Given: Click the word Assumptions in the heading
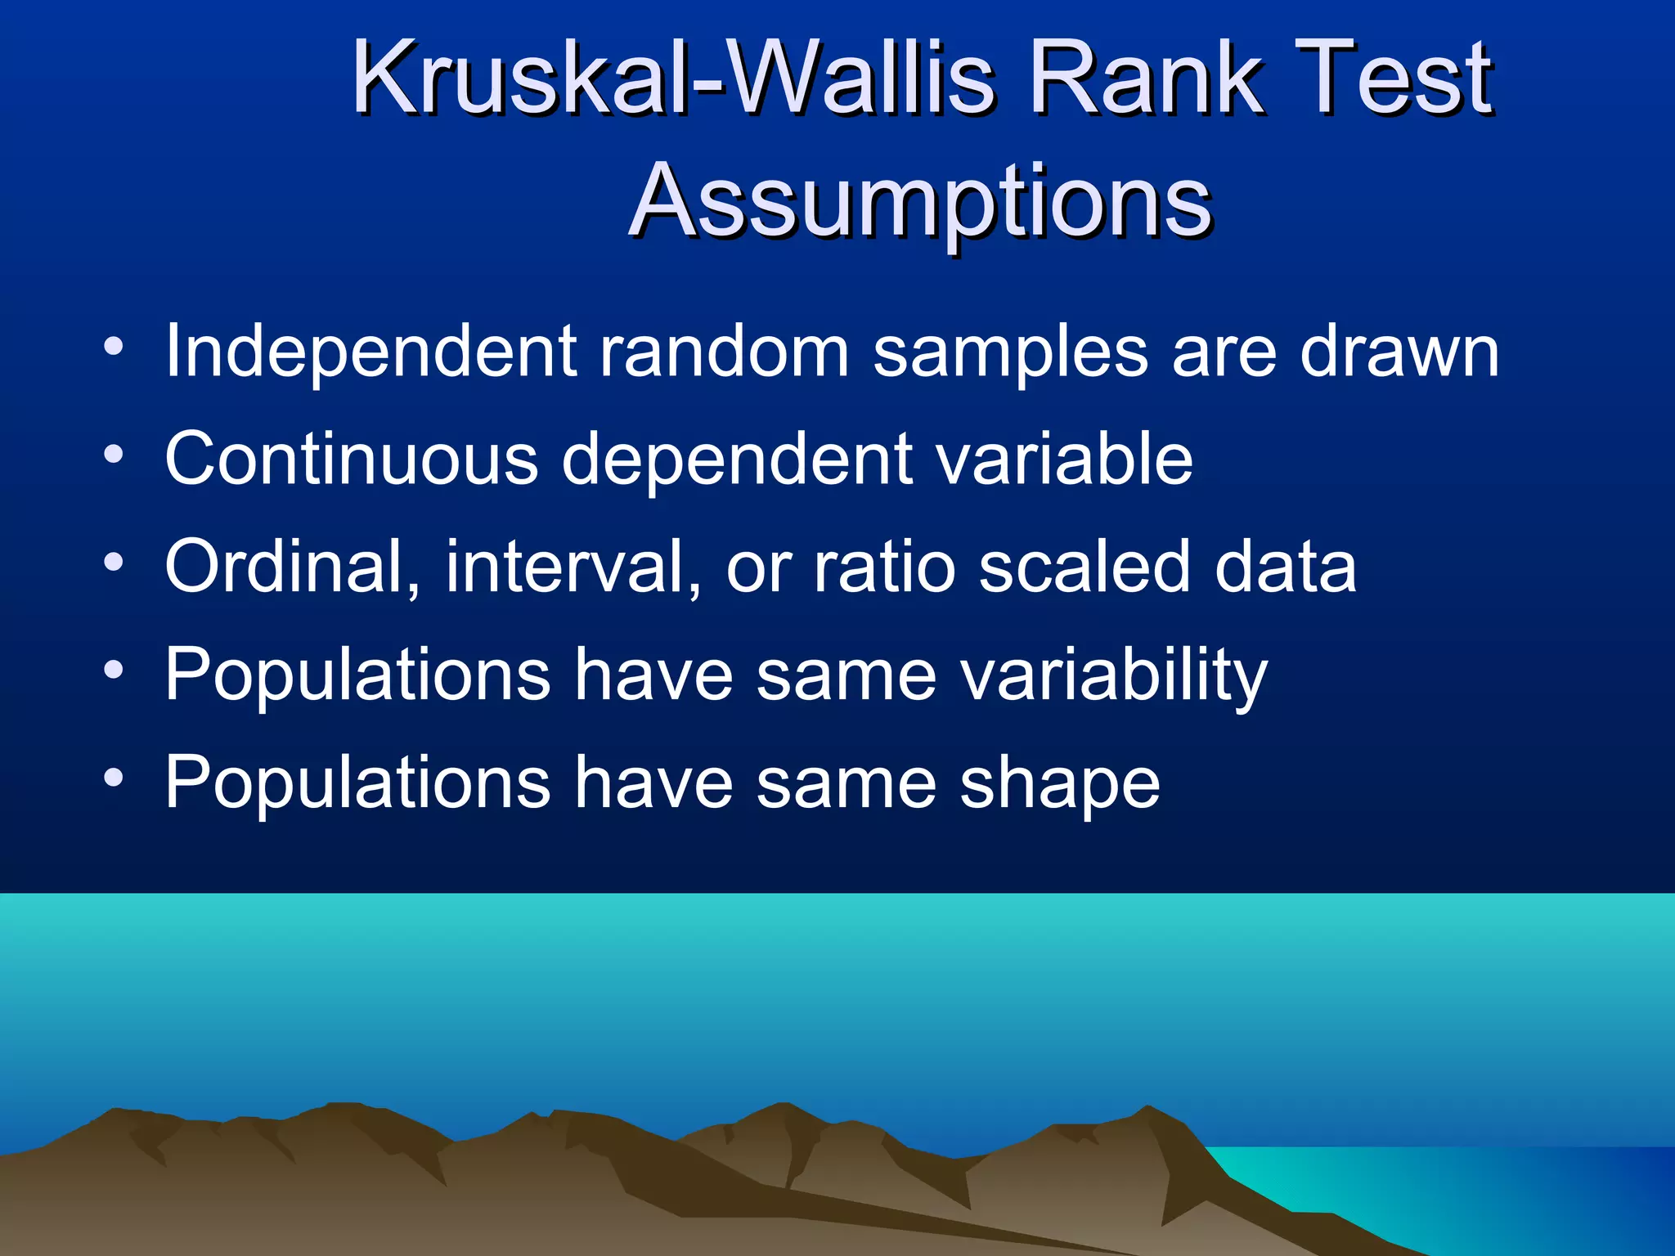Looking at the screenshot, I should [922, 201].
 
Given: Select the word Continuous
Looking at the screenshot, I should [352, 459].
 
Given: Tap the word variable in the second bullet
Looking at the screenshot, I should [1064, 459].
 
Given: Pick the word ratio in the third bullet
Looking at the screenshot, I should [884, 567].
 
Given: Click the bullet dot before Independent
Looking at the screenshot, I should [114, 348].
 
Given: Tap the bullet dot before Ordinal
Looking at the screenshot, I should [114, 563].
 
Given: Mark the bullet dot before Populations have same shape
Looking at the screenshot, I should [114, 778].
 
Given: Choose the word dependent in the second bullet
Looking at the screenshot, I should [736, 460].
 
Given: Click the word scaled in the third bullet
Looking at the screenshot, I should [1084, 567].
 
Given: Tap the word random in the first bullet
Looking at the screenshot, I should [725, 352].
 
